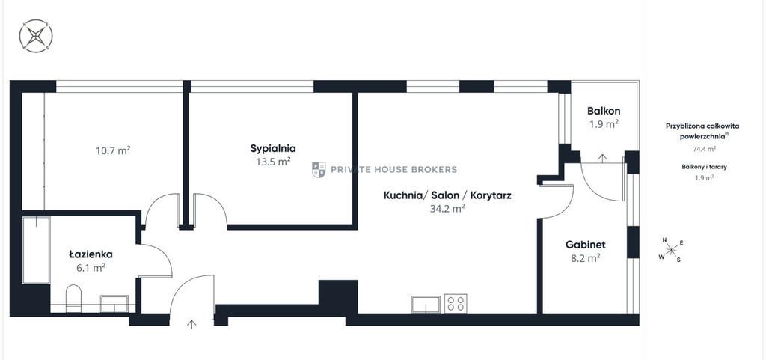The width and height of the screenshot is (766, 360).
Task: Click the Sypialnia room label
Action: pyautogui.click(x=273, y=148)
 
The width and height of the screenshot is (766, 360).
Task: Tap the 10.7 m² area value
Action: pyautogui.click(x=113, y=150)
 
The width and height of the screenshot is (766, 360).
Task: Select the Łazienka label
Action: pyautogui.click(x=91, y=254)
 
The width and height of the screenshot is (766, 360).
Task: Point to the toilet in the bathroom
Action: pyautogui.click(x=74, y=298)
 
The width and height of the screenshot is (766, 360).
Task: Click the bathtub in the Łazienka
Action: pyautogui.click(x=36, y=250)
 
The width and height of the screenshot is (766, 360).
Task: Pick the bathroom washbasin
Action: pyautogui.click(x=114, y=303)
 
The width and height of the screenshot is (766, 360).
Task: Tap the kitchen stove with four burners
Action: pyautogui.click(x=456, y=303)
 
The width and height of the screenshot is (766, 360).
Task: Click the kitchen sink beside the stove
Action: pyautogui.click(x=426, y=303)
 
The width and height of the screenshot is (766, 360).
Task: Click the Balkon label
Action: pyautogui.click(x=603, y=112)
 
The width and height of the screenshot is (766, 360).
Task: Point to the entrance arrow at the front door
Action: pyautogui.click(x=192, y=324)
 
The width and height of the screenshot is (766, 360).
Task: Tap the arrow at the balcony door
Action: pyautogui.click(x=603, y=157)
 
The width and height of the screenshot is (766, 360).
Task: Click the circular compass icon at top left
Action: pyautogui.click(x=36, y=36)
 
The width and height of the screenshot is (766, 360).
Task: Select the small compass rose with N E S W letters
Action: pyautogui.click(x=672, y=250)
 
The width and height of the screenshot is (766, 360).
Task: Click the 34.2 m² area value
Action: pyautogui.click(x=447, y=209)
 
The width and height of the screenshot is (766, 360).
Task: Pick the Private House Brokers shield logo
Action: pyautogui.click(x=319, y=169)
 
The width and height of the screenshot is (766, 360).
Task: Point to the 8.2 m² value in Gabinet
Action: pyautogui.click(x=586, y=259)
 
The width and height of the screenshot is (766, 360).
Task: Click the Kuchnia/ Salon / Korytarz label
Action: pyautogui.click(x=447, y=196)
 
